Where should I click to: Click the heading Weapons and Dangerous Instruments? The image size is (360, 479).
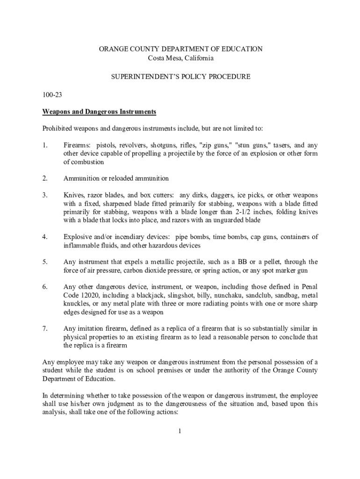point(99,112)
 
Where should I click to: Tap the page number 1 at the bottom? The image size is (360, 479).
point(180,431)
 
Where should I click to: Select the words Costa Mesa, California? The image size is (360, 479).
point(180,58)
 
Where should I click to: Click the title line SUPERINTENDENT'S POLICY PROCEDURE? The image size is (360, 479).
point(180,76)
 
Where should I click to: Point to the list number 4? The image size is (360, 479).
point(44,237)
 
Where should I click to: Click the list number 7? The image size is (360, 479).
point(44,328)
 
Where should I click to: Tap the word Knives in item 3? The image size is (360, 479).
point(73,195)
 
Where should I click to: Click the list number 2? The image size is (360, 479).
point(44,178)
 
